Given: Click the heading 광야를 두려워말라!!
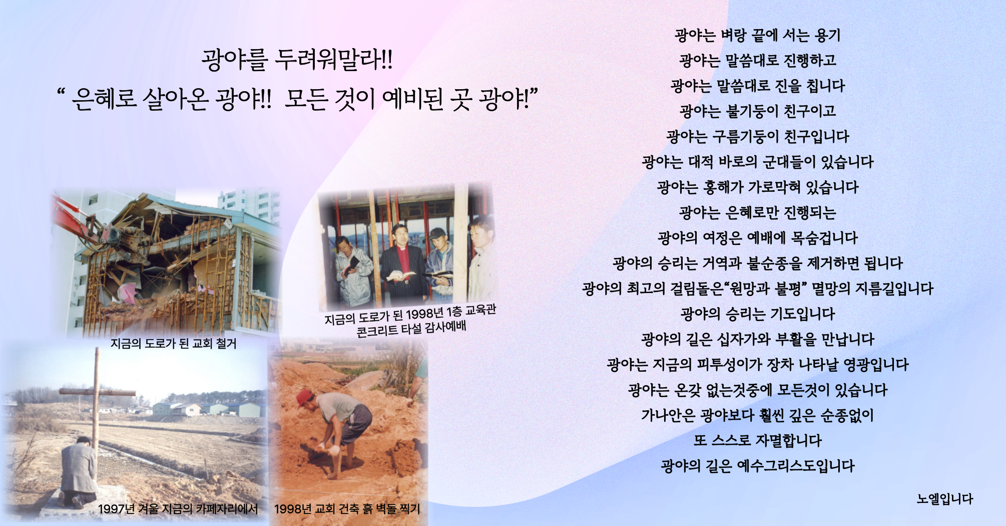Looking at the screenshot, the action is [x=297, y=60].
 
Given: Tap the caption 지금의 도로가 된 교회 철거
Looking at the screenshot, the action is [x=173, y=344].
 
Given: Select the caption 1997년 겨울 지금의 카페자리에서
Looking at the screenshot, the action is [x=178, y=509].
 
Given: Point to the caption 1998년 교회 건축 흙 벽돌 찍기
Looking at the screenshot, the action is [x=347, y=509].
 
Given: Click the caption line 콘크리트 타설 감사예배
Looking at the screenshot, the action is [x=411, y=329].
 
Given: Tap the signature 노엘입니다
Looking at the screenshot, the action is [x=945, y=499].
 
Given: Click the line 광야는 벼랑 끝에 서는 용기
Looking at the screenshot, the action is [x=758, y=35].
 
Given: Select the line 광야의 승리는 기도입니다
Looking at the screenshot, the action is [x=758, y=314].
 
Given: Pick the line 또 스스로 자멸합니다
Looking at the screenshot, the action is [x=758, y=441].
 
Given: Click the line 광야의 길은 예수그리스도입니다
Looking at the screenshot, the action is [x=758, y=466].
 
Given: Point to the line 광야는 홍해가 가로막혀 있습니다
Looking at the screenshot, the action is [x=758, y=187].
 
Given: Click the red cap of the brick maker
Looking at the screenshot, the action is [x=304, y=398].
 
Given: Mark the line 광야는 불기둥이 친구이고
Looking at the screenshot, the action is [x=758, y=111].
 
